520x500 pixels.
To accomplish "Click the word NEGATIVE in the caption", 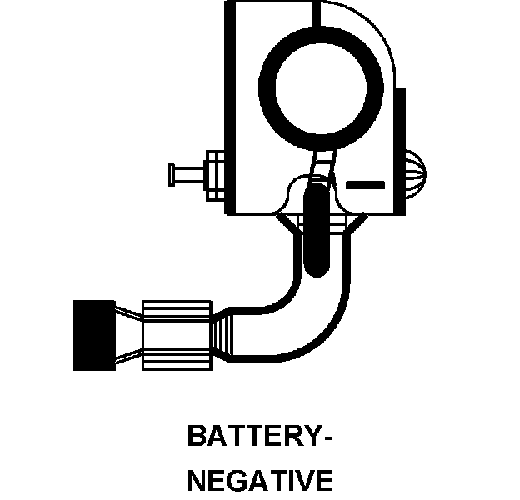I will tap(260, 481).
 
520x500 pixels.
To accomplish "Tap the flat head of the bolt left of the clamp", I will tap(172, 174).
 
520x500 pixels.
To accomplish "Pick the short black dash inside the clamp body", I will tap(364, 182).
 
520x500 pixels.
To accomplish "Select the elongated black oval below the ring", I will tap(317, 229).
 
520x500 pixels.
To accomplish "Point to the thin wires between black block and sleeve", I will tap(127, 335).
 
